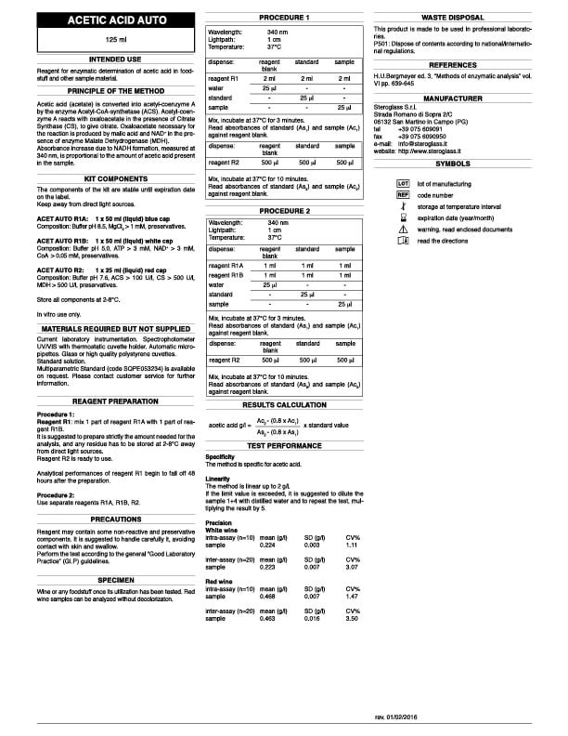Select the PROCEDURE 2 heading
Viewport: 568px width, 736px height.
284,211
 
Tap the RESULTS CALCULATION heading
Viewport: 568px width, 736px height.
284,406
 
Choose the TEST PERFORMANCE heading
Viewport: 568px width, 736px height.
284,447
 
